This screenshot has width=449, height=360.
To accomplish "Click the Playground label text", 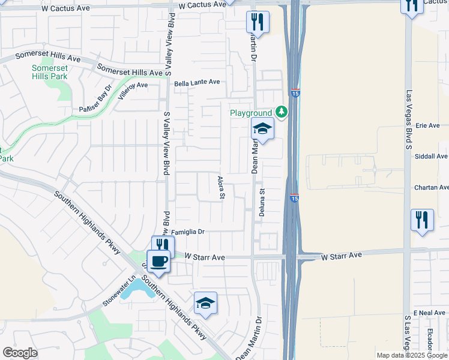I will (251, 113).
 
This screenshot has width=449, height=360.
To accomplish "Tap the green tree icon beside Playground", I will (281, 112).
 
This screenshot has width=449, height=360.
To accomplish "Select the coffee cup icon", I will (159, 262).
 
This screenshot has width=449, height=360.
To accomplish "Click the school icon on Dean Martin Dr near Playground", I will (262, 128).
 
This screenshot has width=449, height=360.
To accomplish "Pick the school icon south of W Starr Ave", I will (205, 304).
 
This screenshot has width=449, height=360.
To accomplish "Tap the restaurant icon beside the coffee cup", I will (163, 245).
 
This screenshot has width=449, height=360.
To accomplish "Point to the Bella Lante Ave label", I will (197, 83).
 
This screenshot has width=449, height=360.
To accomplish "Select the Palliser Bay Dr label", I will (95, 100).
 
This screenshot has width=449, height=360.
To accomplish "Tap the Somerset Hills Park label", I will (50, 72).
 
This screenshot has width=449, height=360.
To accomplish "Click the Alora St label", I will (221, 187).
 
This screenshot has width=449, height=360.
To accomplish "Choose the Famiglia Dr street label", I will (188, 232).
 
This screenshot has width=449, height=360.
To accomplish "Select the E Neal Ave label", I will (430, 313).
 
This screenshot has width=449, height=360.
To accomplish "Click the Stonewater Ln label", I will (119, 290).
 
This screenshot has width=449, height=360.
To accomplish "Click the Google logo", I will (20, 353).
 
